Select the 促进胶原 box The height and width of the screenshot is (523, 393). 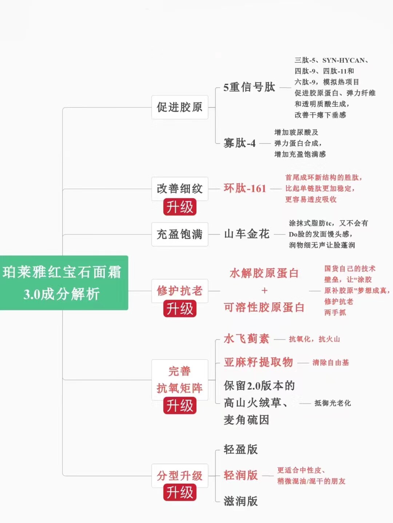click(179, 107)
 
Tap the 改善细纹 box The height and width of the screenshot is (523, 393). click(179, 188)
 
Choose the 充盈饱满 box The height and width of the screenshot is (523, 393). click(179, 234)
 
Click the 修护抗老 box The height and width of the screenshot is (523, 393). click(179, 291)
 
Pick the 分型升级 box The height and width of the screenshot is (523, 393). click(179, 475)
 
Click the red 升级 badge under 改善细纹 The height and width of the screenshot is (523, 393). click(180, 207)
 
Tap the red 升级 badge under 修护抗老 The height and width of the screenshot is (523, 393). click(180, 309)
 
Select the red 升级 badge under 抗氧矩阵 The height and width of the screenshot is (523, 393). click(180, 406)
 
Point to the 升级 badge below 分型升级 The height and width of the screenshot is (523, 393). click(180, 493)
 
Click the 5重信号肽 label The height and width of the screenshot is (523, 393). click(249, 87)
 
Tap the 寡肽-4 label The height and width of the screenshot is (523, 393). click(239, 143)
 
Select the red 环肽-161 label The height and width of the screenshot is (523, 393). click(245, 188)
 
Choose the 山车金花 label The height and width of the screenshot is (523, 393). click(247, 234)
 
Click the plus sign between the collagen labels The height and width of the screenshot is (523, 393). click(265, 291)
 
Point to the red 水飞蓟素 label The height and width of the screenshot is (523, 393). click(246, 339)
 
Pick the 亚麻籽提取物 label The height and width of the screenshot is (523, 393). click(258, 362)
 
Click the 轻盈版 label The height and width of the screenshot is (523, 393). click(241, 450)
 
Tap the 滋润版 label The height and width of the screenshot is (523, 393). click(241, 501)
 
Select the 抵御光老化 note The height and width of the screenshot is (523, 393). click(333, 403)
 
